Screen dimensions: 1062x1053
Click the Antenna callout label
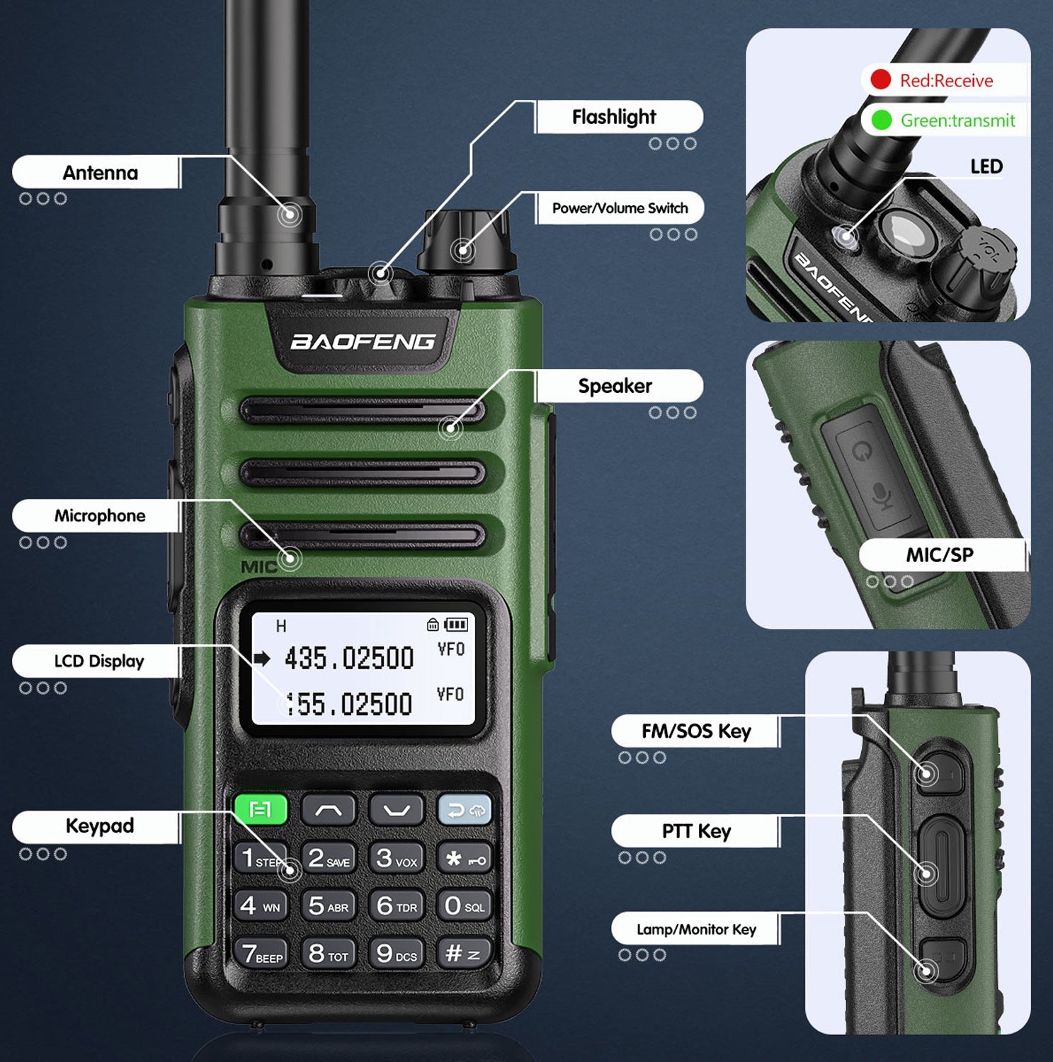tap(99, 173)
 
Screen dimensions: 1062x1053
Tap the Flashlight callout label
tap(614, 117)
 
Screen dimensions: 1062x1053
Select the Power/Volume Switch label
tap(620, 208)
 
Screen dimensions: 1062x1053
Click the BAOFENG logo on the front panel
tap(363, 342)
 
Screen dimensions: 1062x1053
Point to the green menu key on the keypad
tap(261, 810)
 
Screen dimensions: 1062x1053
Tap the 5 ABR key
tap(328, 906)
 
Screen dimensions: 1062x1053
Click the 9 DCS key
tap(396, 954)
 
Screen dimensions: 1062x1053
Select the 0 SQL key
tap(464, 906)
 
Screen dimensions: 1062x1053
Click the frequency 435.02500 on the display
tap(349, 658)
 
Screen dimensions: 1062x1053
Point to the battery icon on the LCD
tap(455, 624)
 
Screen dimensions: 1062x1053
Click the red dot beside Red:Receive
tap(880, 79)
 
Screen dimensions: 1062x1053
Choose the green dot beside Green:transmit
tap(881, 120)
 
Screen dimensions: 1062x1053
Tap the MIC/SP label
tap(940, 554)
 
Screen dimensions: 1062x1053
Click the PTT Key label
tap(696, 831)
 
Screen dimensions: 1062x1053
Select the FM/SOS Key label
tap(696, 731)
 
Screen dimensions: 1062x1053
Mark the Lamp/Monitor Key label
tap(696, 930)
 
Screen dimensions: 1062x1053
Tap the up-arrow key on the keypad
tap(328, 810)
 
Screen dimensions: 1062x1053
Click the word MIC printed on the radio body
tap(258, 567)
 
